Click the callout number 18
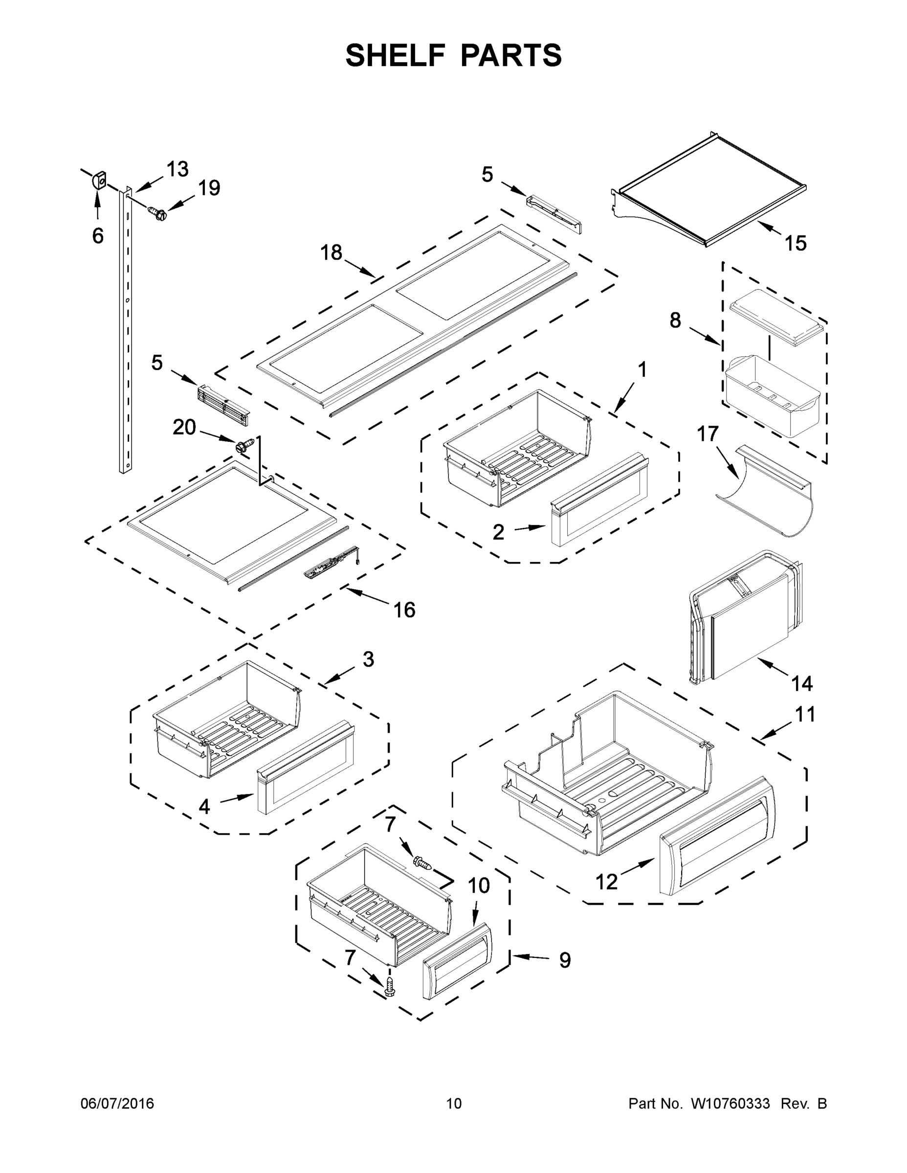331,252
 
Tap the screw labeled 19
157,213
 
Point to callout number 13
177,169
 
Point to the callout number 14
802,684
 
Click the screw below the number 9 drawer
390,984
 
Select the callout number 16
404,610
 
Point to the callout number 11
805,715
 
